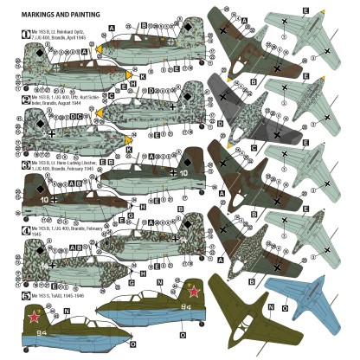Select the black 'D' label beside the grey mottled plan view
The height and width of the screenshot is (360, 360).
pos(222,124)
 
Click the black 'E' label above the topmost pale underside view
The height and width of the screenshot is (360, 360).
pos(305,9)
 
